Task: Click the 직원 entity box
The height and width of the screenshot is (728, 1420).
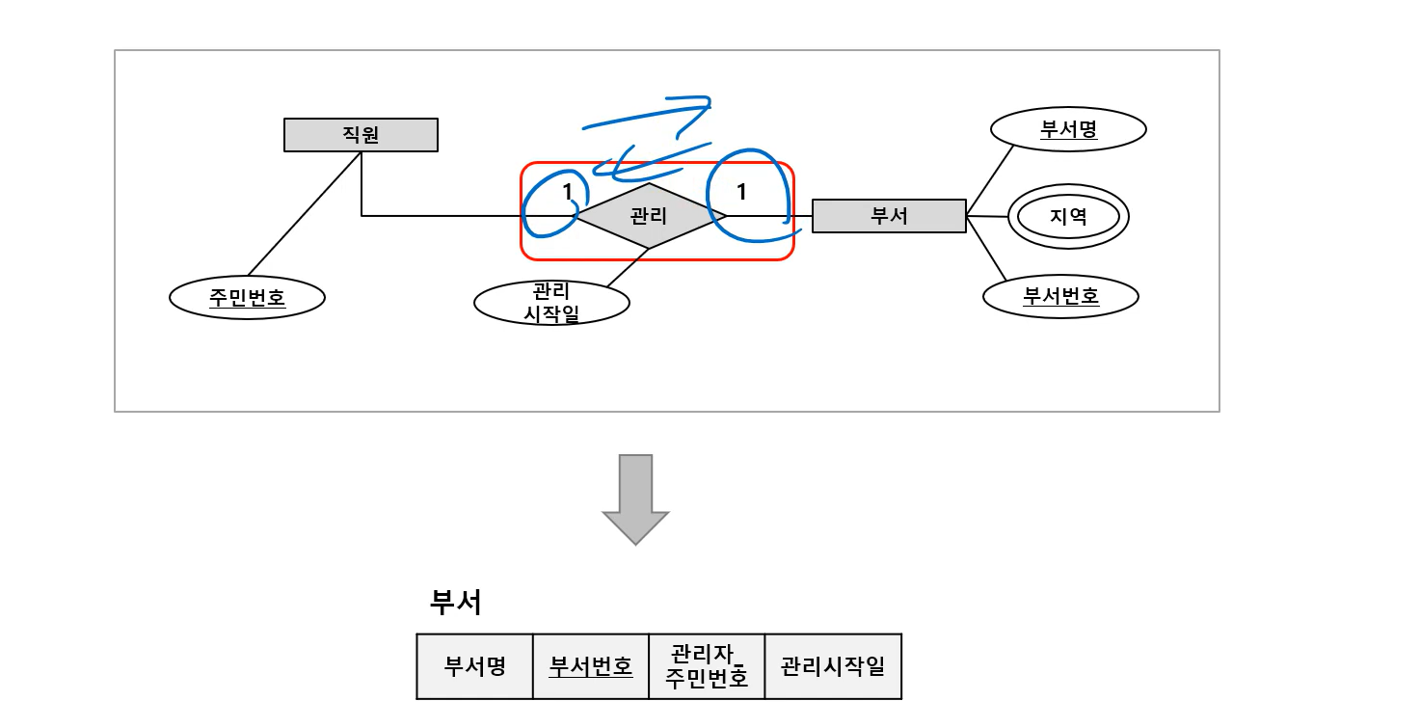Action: pos(361,135)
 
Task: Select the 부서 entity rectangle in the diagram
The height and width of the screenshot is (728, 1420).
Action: pos(888,216)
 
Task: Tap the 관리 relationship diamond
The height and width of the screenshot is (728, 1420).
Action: pos(649,216)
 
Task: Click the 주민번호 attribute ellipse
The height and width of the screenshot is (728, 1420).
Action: pos(247,298)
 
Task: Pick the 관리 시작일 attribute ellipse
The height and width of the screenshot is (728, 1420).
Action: pos(551,303)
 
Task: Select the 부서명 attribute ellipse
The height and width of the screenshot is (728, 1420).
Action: pos(1068,129)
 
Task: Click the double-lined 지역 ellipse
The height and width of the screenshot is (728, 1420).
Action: pos(1068,217)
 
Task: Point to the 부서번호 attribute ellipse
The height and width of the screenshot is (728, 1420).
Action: pos(1060,297)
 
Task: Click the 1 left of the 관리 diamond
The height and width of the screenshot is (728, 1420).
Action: pos(568,192)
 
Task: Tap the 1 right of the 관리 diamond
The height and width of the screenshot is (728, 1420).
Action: pos(741,192)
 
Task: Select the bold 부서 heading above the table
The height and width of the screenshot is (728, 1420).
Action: pos(455,603)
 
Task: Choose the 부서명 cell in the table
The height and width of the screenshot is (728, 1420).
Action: pos(474,666)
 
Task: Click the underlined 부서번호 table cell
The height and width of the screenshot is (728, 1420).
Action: pos(591,666)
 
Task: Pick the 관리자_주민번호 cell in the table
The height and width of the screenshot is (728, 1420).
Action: pos(707,666)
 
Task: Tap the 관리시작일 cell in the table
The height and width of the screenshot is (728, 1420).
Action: pos(833,666)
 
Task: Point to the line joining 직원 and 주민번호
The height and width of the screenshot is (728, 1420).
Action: pos(304,214)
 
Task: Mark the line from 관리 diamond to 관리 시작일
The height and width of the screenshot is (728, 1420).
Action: pos(627,266)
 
